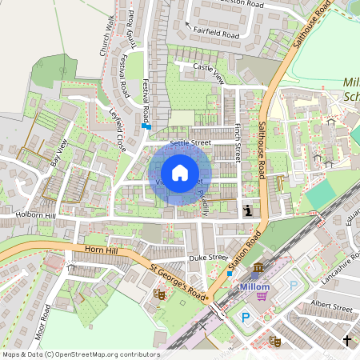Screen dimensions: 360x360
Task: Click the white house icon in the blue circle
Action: [x=180, y=173]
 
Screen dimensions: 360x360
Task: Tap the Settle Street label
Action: [x=190, y=143]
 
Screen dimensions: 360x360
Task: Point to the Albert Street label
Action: [x=330, y=306]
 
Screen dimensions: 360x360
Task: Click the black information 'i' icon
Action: [x=248, y=211]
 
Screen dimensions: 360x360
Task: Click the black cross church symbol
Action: [x=346, y=342]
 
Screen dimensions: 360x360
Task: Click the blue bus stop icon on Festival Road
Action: [x=146, y=126]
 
